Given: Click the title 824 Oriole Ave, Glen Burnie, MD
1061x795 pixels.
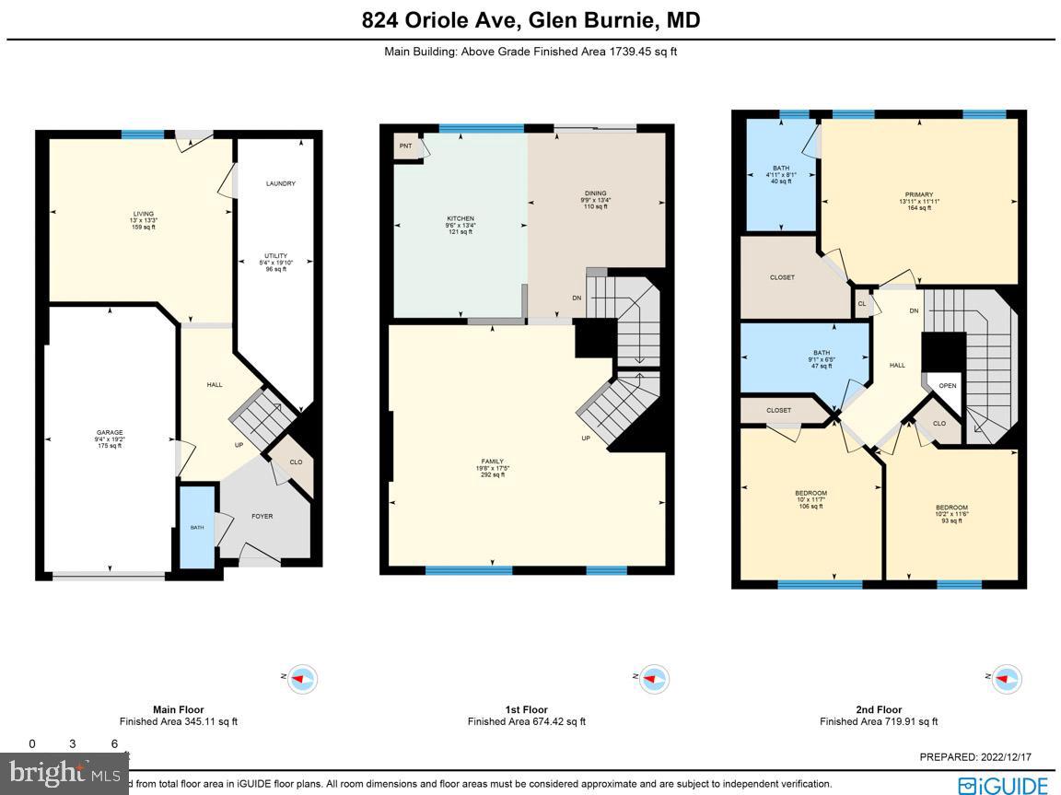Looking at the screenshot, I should tap(530, 20).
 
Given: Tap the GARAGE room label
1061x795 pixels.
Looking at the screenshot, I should tap(110, 433).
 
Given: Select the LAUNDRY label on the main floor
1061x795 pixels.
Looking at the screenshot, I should tap(280, 183).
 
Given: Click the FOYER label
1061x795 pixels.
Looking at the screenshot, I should tap(262, 516).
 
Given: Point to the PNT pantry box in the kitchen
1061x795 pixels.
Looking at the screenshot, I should tap(405, 146).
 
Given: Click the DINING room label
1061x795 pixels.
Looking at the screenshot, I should tap(596, 193).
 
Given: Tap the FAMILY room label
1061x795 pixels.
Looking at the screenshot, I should tap(494, 462).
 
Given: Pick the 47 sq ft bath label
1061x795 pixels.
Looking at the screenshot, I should tap(821, 353).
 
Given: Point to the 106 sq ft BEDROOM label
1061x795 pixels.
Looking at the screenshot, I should tap(810, 493).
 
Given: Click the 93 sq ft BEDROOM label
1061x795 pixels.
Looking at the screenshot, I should tap(951, 508).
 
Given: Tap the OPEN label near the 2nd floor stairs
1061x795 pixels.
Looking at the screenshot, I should tap(948, 386).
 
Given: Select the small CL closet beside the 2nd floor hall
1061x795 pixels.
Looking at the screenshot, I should tap(862, 304).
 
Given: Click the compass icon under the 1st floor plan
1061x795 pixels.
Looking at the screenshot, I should tap(653, 679).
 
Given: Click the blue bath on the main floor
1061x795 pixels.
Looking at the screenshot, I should tap(196, 527).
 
